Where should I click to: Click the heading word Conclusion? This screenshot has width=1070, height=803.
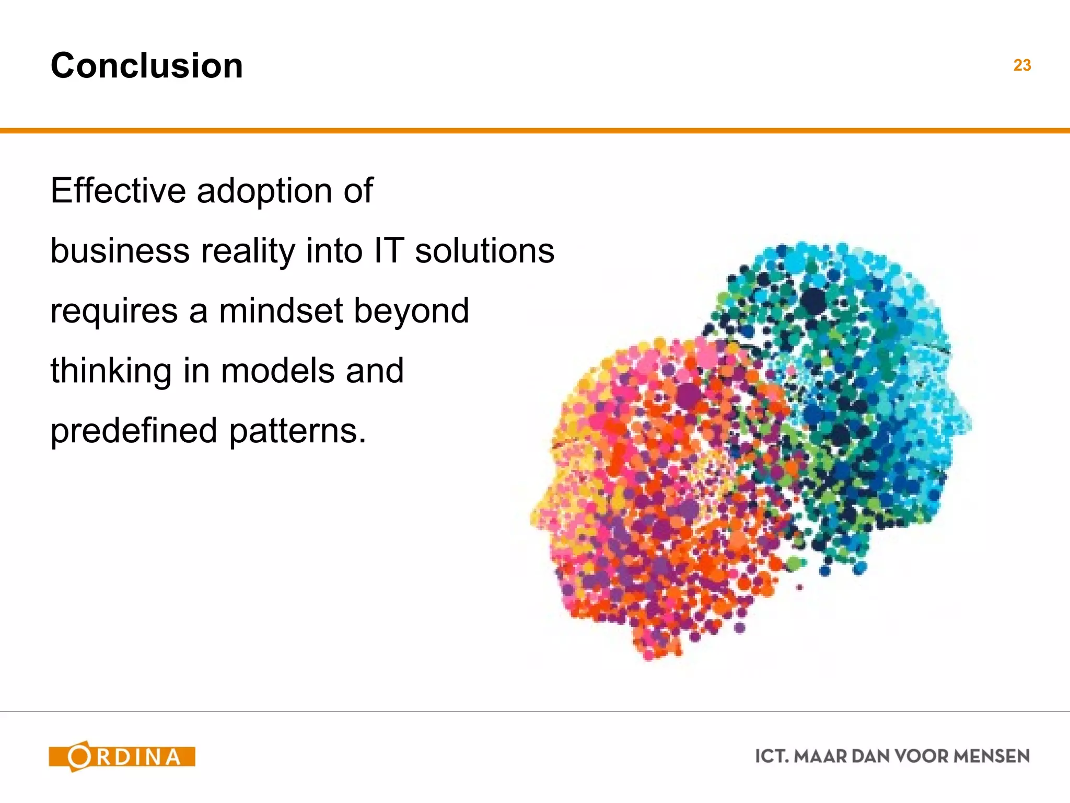click(x=147, y=66)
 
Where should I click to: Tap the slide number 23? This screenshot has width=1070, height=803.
click(x=1022, y=65)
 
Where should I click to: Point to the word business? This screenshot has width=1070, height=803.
click(x=120, y=250)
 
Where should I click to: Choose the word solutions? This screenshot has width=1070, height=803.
click(x=484, y=250)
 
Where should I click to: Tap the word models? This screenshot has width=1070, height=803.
click(x=277, y=371)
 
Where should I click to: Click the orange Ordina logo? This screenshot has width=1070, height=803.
click(x=122, y=756)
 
